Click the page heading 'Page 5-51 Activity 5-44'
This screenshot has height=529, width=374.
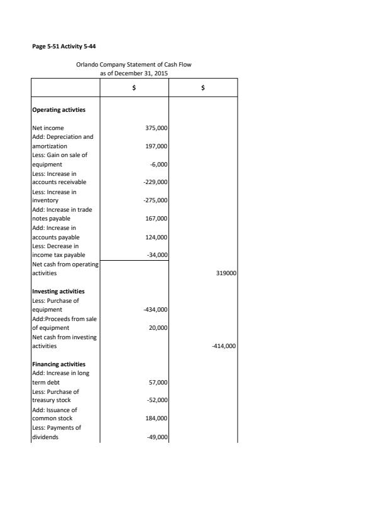click(64, 46)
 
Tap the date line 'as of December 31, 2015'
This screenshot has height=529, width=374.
click(134, 74)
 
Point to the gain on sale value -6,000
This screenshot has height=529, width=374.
click(158, 165)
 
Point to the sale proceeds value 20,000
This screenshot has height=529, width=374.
click(157, 328)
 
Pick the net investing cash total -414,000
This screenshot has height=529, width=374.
click(223, 346)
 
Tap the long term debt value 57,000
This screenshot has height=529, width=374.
click(157, 382)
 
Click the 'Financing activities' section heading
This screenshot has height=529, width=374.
click(58, 364)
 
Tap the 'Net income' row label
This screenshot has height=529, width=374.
click(48, 128)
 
